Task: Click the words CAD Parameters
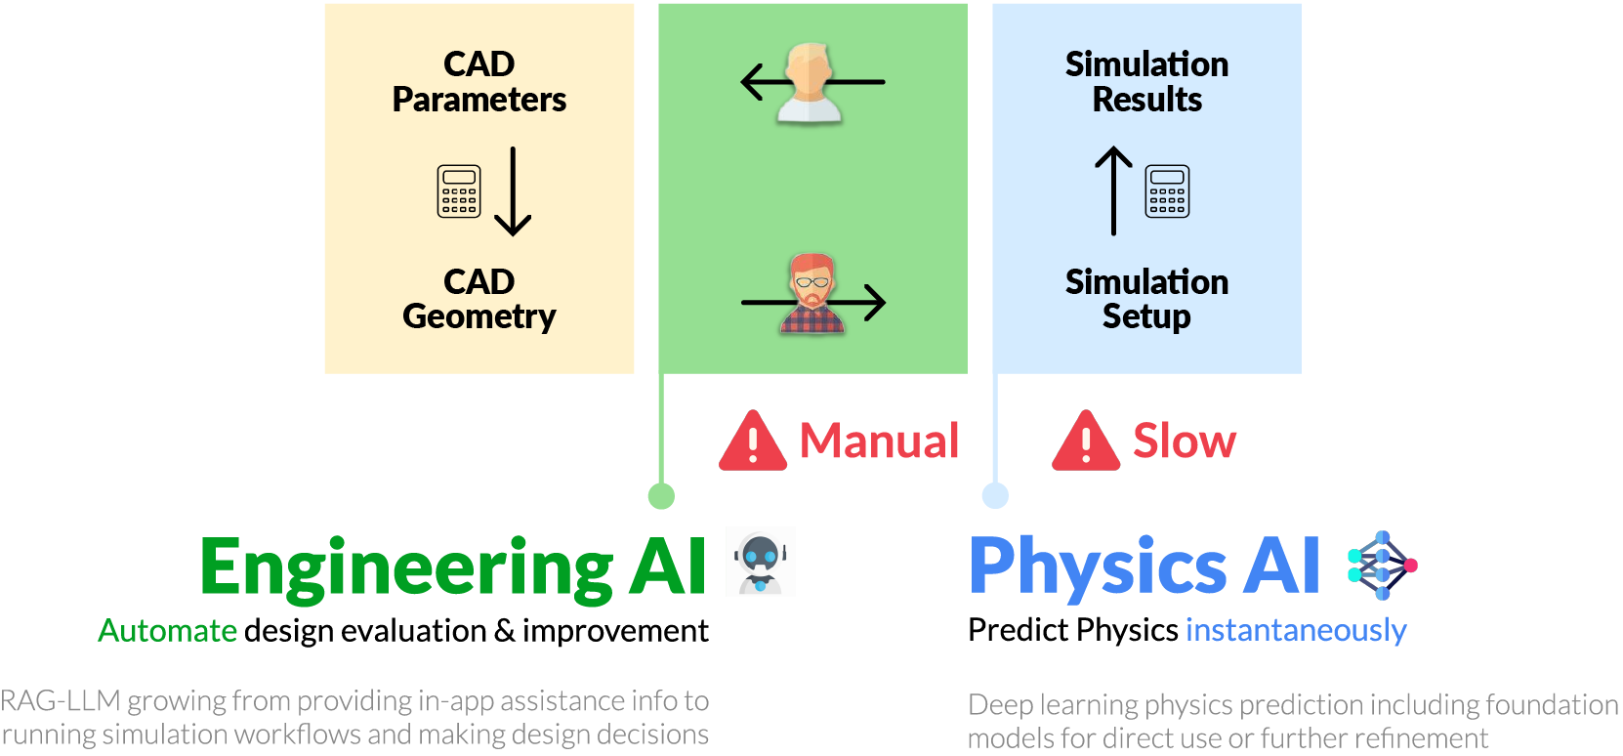pyautogui.click(x=479, y=82)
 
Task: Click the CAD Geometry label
pyautogui.click(x=479, y=299)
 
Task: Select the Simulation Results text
pyautogui.click(x=1146, y=82)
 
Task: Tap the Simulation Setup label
pyautogui.click(x=1146, y=299)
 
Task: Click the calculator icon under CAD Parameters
pyautogui.click(x=459, y=190)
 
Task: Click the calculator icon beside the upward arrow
pyautogui.click(x=1167, y=190)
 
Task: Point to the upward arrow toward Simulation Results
pyautogui.click(x=1113, y=190)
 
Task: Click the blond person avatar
pyautogui.click(x=811, y=82)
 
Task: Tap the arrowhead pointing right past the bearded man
pyautogui.click(x=874, y=302)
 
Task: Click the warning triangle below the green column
pyautogui.click(x=752, y=442)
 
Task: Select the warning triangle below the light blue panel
pyautogui.click(x=1086, y=441)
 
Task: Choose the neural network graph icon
pyautogui.click(x=1380, y=566)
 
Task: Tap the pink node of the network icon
pyautogui.click(x=1410, y=566)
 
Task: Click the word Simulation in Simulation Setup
pyautogui.click(x=1146, y=282)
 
